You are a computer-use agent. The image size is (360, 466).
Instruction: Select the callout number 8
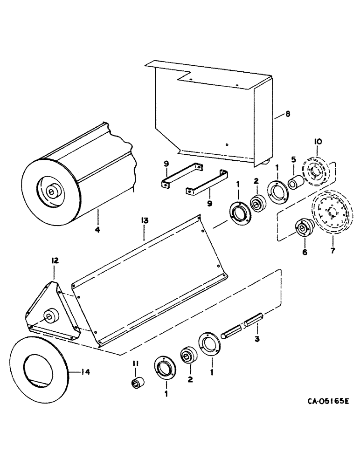click(287, 113)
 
